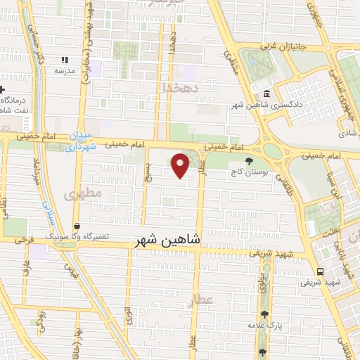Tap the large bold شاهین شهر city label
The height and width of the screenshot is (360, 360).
(x=167, y=240)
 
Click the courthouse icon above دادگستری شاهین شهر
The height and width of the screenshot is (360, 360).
(x=265, y=94)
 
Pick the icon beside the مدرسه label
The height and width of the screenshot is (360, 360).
(x=65, y=60)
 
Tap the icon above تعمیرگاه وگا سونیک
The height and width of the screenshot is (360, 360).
(x=76, y=226)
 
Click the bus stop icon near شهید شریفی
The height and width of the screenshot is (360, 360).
(x=320, y=272)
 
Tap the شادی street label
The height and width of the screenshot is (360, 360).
(x=345, y=131)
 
